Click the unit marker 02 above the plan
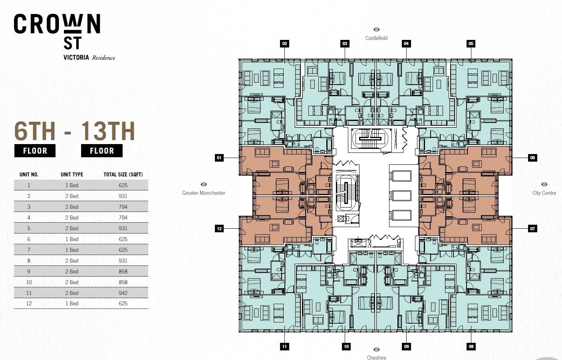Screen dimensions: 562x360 284,44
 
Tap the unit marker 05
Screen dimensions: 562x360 471,44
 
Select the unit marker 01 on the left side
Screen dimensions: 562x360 219,158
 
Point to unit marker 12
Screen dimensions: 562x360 219,229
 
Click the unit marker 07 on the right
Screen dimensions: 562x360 532,229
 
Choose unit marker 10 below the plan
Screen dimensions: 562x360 346,346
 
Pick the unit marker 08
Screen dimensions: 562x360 471,346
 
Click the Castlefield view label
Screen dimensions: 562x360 376,38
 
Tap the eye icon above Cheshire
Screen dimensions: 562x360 376,350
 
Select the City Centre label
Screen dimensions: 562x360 544,193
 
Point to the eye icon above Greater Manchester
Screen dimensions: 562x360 204,184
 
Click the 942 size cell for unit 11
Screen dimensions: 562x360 123,293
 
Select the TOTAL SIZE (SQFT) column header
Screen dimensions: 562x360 123,174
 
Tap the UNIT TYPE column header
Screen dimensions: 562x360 72,174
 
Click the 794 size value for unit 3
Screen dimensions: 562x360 123,207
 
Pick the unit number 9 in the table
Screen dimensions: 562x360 29,271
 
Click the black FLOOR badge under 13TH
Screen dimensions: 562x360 102,151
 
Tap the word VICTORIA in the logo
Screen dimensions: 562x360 76,57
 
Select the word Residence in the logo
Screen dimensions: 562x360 103,58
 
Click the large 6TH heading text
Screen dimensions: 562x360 35,131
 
